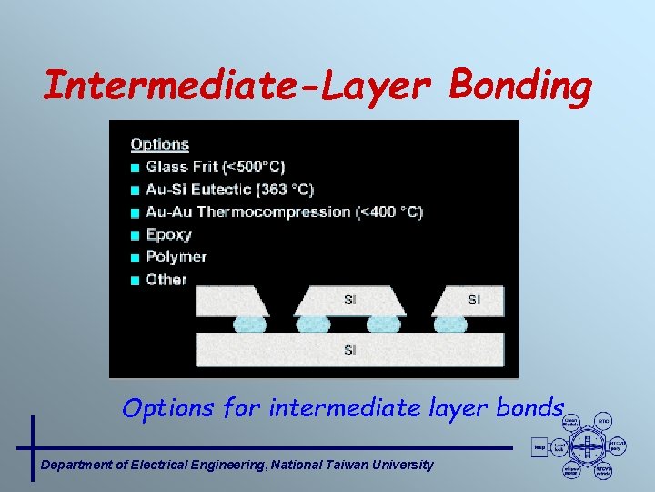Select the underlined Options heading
[x=159, y=144]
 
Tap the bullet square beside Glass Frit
[x=136, y=168]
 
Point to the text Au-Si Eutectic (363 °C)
[x=229, y=190]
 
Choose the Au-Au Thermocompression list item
[x=284, y=211]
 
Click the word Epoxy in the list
[x=168, y=234]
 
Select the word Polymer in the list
[x=176, y=257]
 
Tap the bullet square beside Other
[x=136, y=280]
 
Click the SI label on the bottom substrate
[x=350, y=350]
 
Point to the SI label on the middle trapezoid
[x=350, y=300]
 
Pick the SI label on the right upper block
[x=474, y=300]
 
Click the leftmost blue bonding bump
[x=250, y=323]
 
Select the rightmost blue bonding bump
[x=450, y=323]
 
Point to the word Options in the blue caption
[x=166, y=407]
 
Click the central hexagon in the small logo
[x=588, y=446]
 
